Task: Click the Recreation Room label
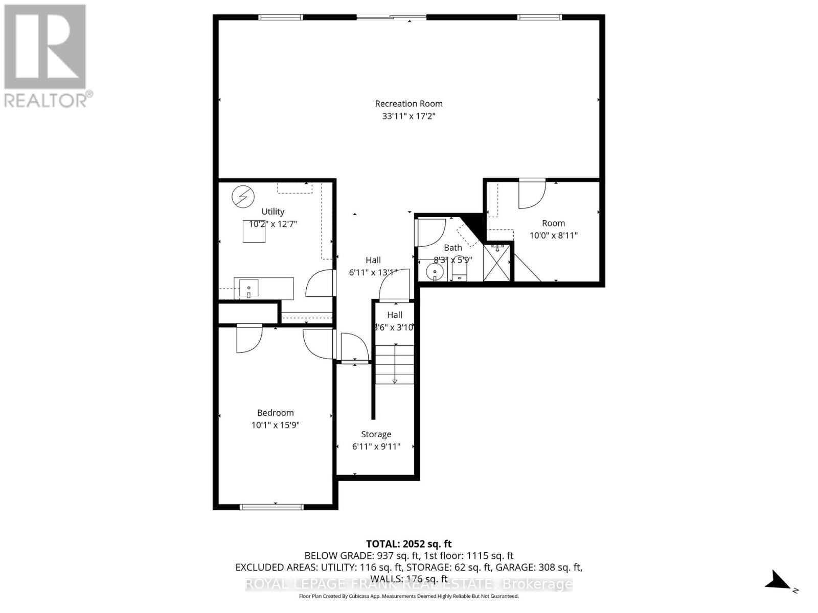click(408, 104)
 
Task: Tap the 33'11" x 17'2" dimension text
click(408, 116)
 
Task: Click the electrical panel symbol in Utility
click(243, 197)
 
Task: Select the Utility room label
click(272, 211)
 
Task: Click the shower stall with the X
click(497, 262)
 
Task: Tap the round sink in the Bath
click(435, 271)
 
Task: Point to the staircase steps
click(395, 364)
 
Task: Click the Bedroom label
click(275, 413)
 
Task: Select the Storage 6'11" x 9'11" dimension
click(376, 446)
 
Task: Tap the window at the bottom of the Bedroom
click(271, 507)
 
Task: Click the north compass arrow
click(778, 581)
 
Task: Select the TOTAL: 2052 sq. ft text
click(408, 544)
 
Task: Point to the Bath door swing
click(431, 233)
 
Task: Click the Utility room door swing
click(320, 284)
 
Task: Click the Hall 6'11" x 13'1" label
click(373, 266)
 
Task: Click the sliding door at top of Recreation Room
click(391, 18)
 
